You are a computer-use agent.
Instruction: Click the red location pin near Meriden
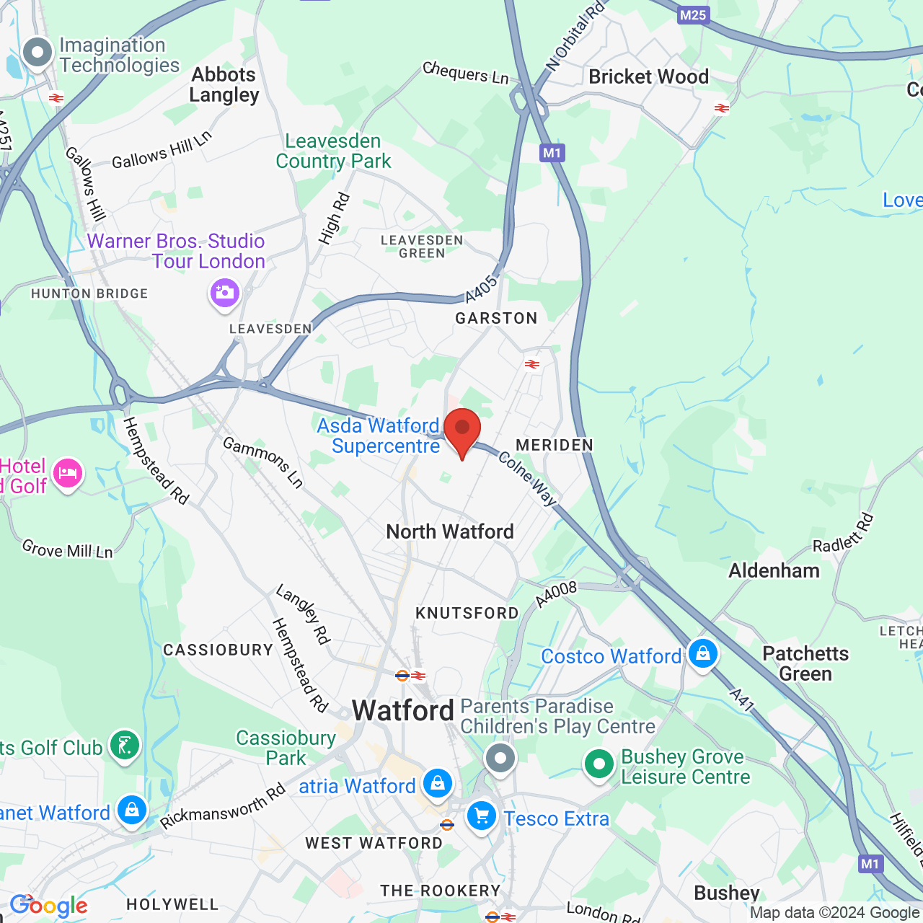pyautogui.click(x=462, y=430)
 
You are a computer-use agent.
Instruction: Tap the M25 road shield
pyautogui.click(x=692, y=15)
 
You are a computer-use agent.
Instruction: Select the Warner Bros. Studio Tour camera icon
pyautogui.click(x=224, y=293)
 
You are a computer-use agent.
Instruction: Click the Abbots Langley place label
pyautogui.click(x=224, y=85)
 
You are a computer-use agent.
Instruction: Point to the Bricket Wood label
pyautogui.click(x=648, y=77)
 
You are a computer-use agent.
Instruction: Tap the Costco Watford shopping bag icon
pyautogui.click(x=702, y=653)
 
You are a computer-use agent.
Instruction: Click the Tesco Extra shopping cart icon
pyautogui.click(x=481, y=817)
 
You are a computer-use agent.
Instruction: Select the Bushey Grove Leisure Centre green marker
pyautogui.click(x=599, y=764)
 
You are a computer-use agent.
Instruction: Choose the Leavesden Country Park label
pyautogui.click(x=333, y=151)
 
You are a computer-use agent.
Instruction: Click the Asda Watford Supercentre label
pyautogui.click(x=379, y=436)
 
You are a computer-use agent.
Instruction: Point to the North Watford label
pyautogui.click(x=450, y=532)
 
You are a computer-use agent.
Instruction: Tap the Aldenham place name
pyautogui.click(x=774, y=571)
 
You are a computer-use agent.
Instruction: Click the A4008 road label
pyautogui.click(x=556, y=594)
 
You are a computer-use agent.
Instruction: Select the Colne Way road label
pyautogui.click(x=528, y=479)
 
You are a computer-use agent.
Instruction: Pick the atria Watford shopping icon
pyautogui.click(x=437, y=783)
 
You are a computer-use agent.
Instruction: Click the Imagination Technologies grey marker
pyautogui.click(x=37, y=52)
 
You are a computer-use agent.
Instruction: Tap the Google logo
pyautogui.click(x=48, y=906)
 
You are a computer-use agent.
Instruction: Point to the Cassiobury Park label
pyautogui.click(x=286, y=748)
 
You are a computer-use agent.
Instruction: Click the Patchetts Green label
pyautogui.click(x=805, y=663)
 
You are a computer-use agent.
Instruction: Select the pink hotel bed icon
pyautogui.click(x=67, y=474)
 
